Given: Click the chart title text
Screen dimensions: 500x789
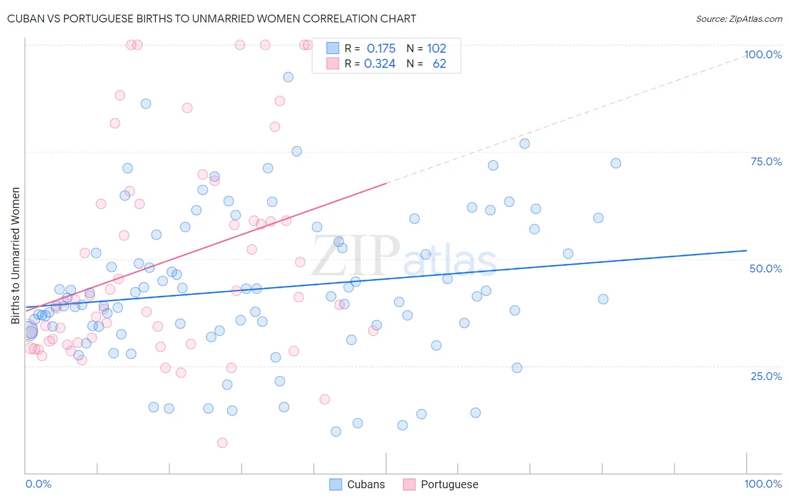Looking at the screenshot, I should point(212,18).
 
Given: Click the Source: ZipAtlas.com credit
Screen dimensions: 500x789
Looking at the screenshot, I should point(738,18).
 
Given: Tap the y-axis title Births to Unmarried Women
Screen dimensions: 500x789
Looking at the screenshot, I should point(15,256).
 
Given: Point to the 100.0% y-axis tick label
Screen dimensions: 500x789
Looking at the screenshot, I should point(763,54).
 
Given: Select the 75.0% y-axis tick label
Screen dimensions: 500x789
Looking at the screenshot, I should point(766,161).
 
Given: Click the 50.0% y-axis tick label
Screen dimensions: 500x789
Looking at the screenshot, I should point(765,268).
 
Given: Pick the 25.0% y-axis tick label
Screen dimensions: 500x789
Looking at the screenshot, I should point(766,376).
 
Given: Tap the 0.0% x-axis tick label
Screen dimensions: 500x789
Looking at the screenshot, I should point(38,484).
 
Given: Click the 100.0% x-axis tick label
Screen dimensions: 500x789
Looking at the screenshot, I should point(763,484).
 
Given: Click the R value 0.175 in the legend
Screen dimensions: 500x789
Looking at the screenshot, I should point(381,49).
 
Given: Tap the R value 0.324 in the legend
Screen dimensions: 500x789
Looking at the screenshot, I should point(380,64).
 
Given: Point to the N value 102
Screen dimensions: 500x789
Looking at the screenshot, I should point(437,49).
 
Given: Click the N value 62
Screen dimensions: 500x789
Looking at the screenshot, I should point(439,64).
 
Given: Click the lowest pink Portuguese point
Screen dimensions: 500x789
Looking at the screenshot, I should point(222,443).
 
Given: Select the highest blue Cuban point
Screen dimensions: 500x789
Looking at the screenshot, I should point(288,77).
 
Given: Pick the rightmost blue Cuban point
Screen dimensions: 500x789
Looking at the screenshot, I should point(616,163).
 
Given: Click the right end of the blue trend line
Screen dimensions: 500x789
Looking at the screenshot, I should point(746,251).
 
